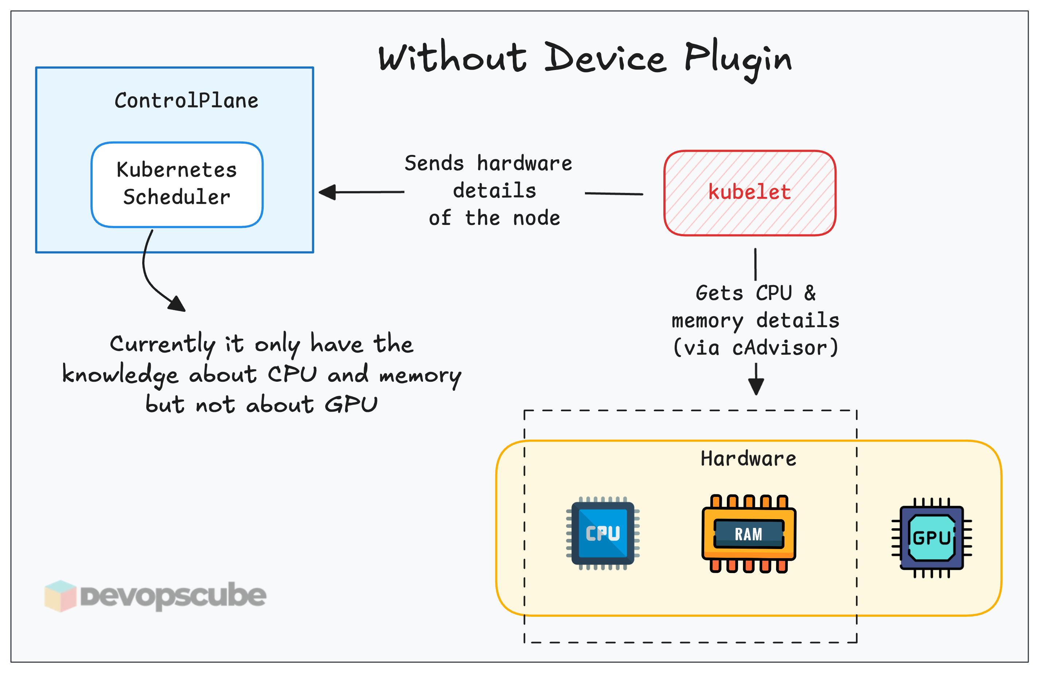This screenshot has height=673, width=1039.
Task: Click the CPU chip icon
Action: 603,533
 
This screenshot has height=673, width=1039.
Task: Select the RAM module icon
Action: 748,533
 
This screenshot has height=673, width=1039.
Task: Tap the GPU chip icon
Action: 932,537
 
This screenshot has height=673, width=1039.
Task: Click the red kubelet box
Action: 749,193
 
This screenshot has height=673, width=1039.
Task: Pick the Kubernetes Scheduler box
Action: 177,184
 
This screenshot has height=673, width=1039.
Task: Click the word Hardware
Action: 748,459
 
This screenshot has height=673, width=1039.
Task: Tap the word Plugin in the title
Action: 738,59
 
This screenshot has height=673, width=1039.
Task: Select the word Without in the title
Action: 453,59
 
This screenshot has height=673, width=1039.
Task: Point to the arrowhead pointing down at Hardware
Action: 756,386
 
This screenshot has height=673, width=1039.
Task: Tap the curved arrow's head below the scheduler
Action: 177,304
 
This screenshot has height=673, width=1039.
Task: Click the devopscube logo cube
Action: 60,596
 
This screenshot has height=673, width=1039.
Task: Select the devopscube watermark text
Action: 173,596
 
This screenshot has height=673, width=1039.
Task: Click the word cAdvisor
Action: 780,348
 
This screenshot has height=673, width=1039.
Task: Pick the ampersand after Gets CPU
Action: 810,293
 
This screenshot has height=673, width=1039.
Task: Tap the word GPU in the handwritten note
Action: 351,404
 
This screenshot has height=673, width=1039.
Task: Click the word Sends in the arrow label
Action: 434,163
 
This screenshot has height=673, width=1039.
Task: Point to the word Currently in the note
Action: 162,345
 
